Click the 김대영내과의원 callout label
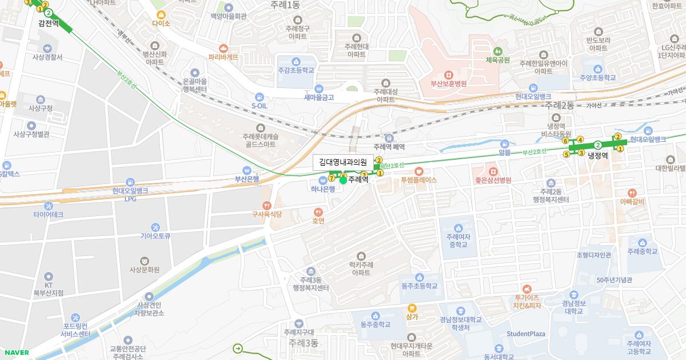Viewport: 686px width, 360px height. (343, 162)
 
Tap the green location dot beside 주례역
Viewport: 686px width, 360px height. (343, 180)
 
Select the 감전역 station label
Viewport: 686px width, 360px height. (48, 23)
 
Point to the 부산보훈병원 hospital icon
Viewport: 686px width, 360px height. (449, 74)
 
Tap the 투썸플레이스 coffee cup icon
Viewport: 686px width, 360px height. (418, 171)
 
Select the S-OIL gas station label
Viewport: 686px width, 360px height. (260, 106)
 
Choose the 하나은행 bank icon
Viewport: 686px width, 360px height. (322, 181)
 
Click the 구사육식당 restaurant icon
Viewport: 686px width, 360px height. (266, 205)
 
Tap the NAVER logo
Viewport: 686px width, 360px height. (15, 352)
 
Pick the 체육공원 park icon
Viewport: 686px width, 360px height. (497, 50)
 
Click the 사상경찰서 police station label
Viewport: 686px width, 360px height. (47, 57)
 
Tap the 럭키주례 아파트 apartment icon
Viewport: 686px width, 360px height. (361, 255)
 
